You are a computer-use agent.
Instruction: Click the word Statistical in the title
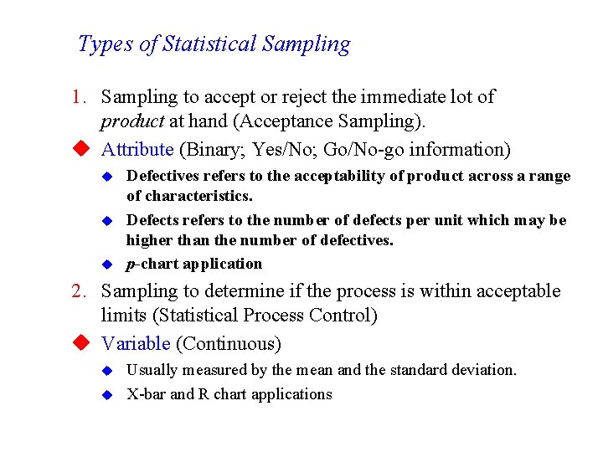(x=212, y=44)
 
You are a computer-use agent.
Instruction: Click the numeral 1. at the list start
(x=79, y=97)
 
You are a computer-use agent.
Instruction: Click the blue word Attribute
(x=137, y=150)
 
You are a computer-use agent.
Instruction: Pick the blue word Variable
(x=136, y=344)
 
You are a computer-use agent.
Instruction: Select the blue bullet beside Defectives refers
(x=106, y=177)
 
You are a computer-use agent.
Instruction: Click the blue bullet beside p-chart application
(x=106, y=265)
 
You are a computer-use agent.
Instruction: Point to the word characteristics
(x=189, y=197)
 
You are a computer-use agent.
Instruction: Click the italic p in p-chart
(x=130, y=265)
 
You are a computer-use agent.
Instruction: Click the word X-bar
(x=146, y=394)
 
